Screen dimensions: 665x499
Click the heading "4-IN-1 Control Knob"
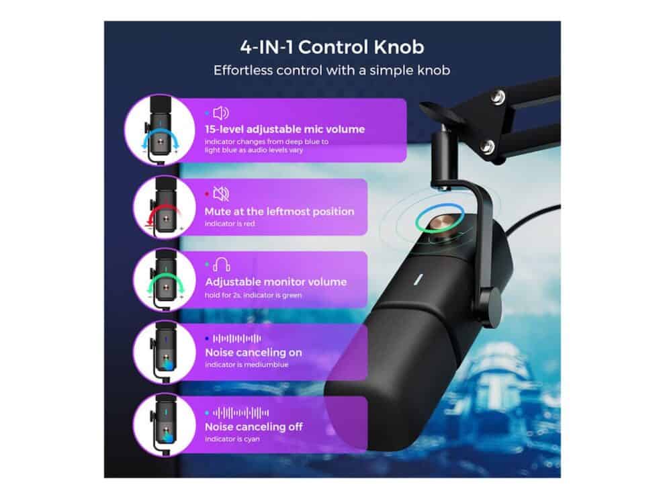point(332,47)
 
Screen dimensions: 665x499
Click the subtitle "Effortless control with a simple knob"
point(332,70)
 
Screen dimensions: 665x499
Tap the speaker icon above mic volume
point(220,114)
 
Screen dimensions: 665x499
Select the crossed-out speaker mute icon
point(221,193)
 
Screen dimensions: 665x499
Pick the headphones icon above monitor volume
point(222,265)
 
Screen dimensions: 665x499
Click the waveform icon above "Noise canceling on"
point(236,338)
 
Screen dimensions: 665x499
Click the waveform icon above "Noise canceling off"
point(240,412)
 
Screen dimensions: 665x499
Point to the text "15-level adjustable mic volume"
point(285,130)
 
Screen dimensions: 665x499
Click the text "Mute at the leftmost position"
point(279,211)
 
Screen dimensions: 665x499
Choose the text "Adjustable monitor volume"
point(275,282)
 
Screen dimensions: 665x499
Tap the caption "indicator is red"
point(230,224)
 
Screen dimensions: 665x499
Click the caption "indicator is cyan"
point(232,439)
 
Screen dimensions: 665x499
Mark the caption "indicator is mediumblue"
point(247,365)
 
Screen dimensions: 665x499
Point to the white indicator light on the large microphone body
point(418,280)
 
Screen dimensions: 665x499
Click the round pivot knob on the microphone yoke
point(491,300)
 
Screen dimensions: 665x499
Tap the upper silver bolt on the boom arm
point(498,97)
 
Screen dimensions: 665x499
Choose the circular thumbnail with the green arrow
point(164,280)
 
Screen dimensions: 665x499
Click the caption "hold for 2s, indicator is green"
point(253,295)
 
